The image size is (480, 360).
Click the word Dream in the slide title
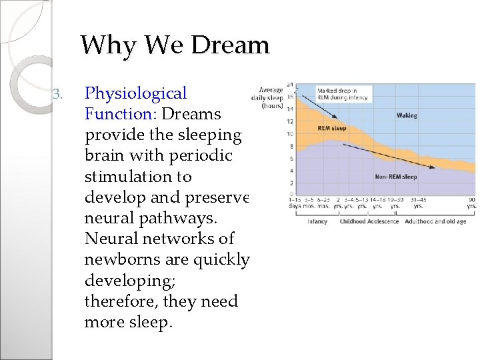pyautogui.click(x=230, y=45)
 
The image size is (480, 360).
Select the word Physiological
pyautogui.click(x=136, y=94)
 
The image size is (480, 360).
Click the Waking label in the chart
pyautogui.click(x=407, y=115)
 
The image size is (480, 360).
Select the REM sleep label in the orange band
pyautogui.click(x=332, y=128)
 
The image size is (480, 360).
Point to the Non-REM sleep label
pyautogui.click(x=395, y=177)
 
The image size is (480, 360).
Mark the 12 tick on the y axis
pyautogui.click(x=290, y=121)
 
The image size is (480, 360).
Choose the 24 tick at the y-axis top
pyautogui.click(x=289, y=84)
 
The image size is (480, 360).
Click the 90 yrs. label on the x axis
pyautogui.click(x=471, y=203)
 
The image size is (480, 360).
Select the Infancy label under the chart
pyautogui.click(x=317, y=221)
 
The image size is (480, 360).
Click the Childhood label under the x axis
pyautogui.click(x=353, y=221)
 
